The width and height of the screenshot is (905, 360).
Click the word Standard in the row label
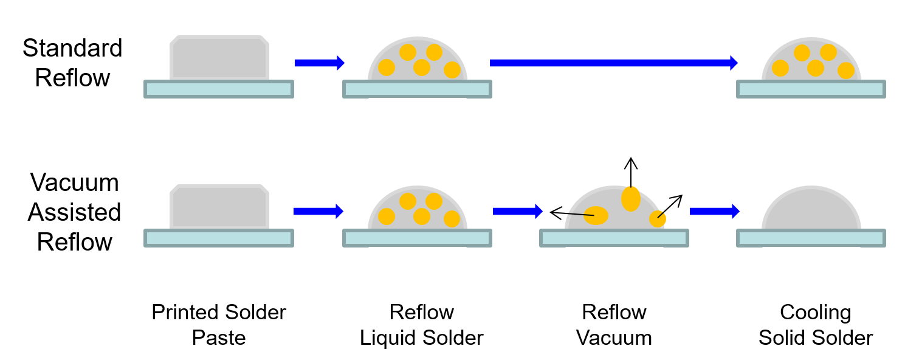pos(72,48)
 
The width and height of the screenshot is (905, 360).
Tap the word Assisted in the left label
pos(74,212)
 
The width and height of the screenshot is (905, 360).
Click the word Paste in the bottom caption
pos(219,337)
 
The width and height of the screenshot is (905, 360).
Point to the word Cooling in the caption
pos(815,313)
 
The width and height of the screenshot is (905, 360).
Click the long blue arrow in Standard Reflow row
pos(614,63)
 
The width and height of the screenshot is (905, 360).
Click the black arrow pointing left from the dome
pos(572,213)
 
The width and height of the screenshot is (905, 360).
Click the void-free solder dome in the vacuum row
pos(811,208)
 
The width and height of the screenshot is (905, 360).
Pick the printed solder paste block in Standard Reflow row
pos(219,58)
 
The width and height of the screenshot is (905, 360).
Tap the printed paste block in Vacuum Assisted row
pos(219,207)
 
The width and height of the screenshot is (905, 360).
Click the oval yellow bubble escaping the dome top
pos(631,199)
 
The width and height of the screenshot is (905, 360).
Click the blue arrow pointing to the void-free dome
pos(715,211)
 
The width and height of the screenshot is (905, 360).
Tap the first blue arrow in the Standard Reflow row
pos(320,63)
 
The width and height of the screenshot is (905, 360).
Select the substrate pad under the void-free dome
pos(811,238)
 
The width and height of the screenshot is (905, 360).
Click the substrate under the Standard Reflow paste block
pos(219,89)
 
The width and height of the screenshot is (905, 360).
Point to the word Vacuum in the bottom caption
pos(614,337)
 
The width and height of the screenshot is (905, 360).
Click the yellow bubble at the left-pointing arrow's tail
pos(596,215)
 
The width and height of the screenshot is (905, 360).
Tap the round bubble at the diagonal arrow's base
pos(658,219)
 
